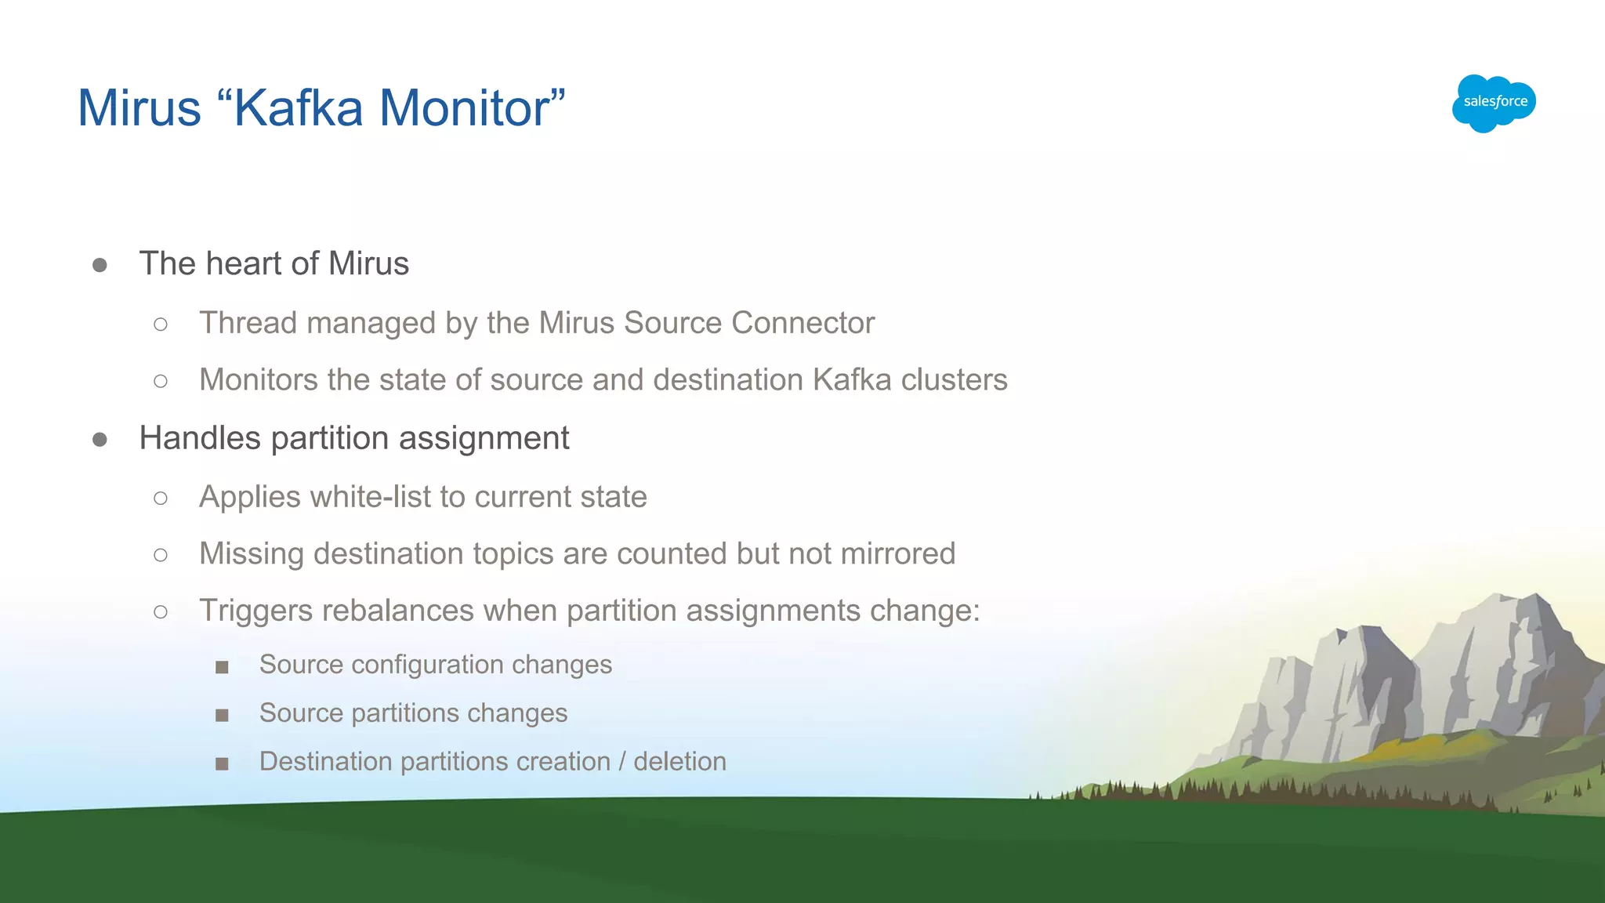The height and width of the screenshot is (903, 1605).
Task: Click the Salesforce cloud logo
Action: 1494,103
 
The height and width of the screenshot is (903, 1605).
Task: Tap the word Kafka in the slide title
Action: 299,108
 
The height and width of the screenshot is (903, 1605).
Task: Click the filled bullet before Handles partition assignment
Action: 100,440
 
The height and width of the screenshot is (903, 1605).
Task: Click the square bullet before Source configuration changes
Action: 222,667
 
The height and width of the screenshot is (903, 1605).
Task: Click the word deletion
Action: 679,762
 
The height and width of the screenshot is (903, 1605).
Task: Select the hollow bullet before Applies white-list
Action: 161,499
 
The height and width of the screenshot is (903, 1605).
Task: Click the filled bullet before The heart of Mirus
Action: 100,266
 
